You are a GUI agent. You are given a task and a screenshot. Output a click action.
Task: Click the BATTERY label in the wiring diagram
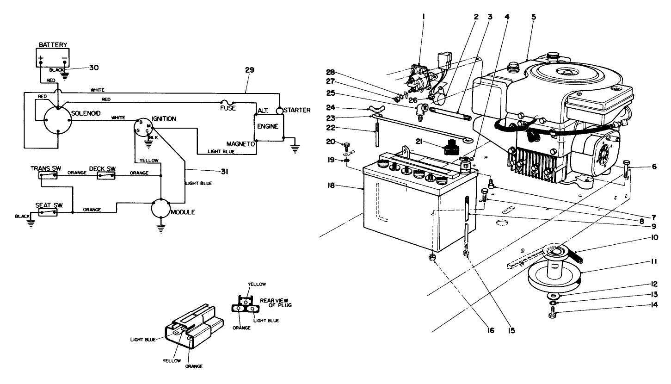53,45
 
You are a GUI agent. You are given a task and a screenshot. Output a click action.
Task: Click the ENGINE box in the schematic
269,126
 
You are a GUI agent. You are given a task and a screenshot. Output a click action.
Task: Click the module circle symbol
161,210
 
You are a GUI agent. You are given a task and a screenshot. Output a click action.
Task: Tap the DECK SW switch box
106,175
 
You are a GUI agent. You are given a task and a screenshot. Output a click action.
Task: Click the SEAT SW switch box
49,212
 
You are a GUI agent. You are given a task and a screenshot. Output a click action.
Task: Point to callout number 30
94,68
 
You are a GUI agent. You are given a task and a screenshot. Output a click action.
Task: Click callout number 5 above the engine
534,16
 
